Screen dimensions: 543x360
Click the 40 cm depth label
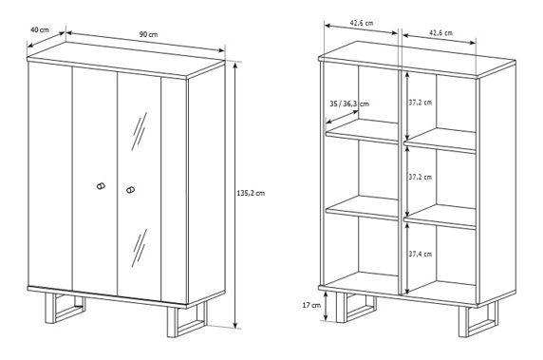click(x=40, y=29)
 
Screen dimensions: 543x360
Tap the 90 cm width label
click(x=148, y=34)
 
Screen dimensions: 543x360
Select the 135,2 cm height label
click(x=251, y=194)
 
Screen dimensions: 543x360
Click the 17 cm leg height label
click(x=311, y=305)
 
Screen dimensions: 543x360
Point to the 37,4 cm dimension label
click(x=420, y=254)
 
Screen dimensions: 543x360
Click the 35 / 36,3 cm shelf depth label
click(x=349, y=104)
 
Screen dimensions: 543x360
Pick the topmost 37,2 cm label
click(x=420, y=103)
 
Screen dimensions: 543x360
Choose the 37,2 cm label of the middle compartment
click(x=420, y=177)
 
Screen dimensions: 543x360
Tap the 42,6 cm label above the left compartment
click(x=362, y=23)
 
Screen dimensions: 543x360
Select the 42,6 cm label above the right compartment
click(x=440, y=33)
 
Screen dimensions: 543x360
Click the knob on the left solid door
click(x=101, y=186)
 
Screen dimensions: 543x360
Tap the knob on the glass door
click(x=130, y=190)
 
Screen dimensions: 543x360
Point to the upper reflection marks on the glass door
click(x=140, y=131)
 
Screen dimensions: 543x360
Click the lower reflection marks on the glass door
click(x=140, y=248)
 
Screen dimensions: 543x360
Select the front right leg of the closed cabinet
click(x=187, y=319)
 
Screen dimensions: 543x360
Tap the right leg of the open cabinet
click(x=478, y=319)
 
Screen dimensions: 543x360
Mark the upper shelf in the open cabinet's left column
click(x=362, y=131)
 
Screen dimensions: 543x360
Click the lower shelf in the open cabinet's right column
click(x=440, y=217)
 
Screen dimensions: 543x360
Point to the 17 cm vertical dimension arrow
click(x=326, y=306)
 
